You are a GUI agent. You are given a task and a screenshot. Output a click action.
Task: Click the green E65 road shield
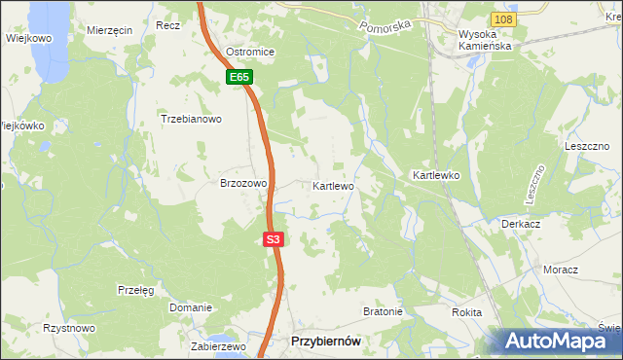240,77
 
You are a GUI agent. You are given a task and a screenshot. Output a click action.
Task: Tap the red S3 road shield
274,239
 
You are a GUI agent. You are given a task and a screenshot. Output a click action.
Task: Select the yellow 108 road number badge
501,19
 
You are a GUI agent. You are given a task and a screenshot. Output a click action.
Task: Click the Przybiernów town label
327,342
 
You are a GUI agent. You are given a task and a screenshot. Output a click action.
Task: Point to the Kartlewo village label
333,185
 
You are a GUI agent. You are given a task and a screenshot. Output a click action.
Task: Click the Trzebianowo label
192,120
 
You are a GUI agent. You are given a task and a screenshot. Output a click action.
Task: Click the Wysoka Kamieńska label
484,39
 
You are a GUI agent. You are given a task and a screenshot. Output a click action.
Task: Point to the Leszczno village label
587,145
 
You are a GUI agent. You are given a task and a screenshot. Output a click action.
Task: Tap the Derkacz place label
521,223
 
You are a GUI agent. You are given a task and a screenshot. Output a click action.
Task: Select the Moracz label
561,270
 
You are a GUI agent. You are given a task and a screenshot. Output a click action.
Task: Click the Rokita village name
467,312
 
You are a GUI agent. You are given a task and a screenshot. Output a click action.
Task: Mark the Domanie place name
190,307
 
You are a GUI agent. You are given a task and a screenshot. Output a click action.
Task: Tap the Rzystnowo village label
69,329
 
